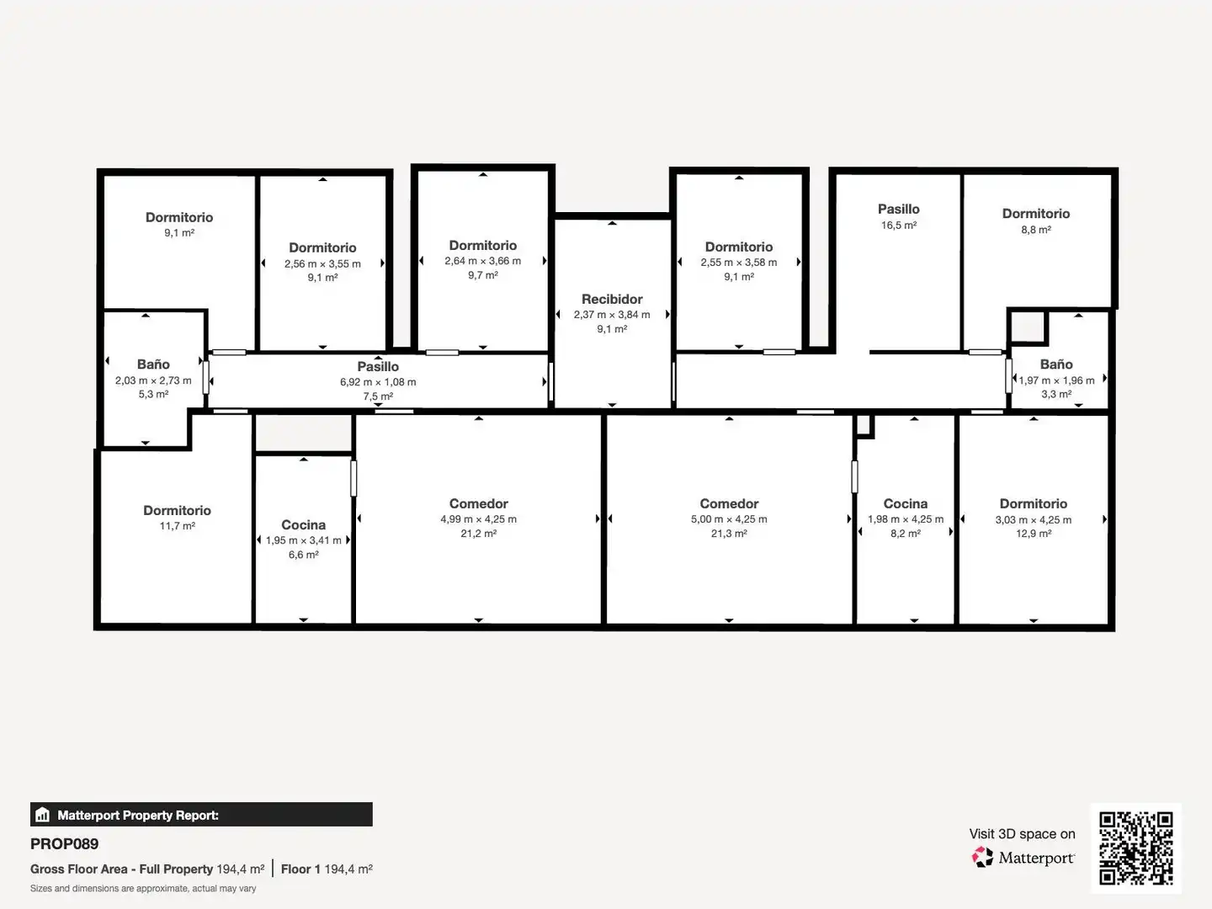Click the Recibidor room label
click(612, 299)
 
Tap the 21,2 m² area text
click(478, 533)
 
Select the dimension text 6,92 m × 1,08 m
click(378, 382)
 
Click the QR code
click(1135, 848)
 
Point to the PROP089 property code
click(64, 844)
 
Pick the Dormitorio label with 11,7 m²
click(177, 511)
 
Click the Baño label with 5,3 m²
click(153, 364)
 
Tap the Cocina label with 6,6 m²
click(303, 525)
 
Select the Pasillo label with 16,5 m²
click(898, 210)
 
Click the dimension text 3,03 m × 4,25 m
click(1033, 520)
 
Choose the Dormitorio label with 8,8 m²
click(1036, 214)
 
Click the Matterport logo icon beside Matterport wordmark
click(982, 857)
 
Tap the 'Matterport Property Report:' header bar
click(201, 815)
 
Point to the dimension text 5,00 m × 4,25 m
click(729, 519)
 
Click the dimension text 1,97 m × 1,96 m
click(1056, 380)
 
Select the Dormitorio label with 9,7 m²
click(482, 246)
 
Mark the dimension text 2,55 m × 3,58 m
click(739, 263)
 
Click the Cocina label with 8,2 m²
click(906, 504)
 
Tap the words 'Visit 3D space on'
click(1022, 834)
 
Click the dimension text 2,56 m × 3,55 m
click(322, 263)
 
